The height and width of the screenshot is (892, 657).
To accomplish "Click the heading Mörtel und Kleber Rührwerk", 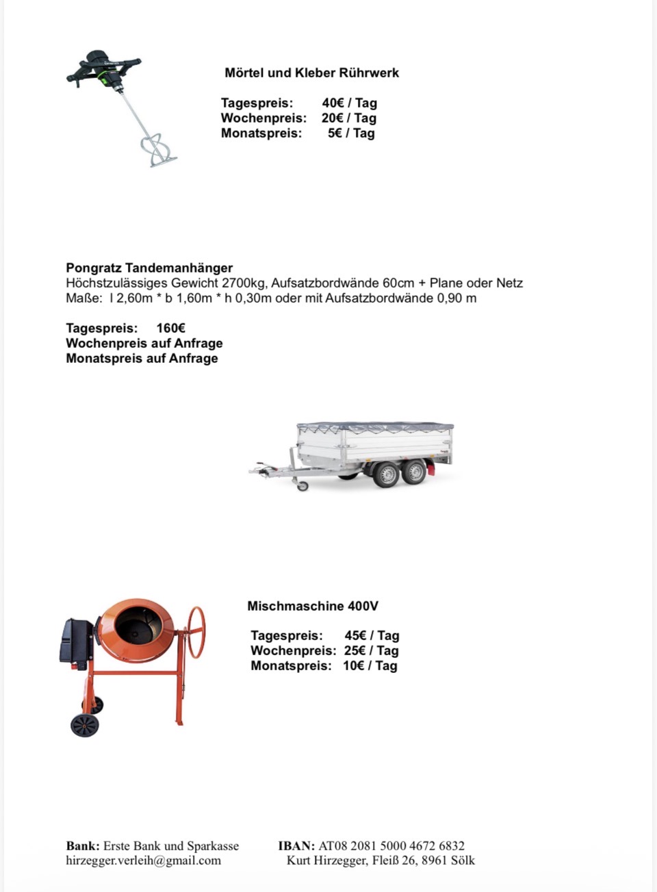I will pos(311,73).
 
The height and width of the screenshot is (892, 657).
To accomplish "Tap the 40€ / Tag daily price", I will pos(349,103).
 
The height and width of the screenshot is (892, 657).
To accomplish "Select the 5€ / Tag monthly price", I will pos(351,133).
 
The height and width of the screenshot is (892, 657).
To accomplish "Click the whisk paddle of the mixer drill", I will pos(158,151).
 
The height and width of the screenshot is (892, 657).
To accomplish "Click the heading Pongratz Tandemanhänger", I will pos(149,268).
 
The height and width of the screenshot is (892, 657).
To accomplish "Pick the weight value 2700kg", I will pos(244,283).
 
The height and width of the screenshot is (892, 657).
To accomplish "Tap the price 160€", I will pos(170,328).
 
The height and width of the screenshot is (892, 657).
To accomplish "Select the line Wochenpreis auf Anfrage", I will pos(144,343).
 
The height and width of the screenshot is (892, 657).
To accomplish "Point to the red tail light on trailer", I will pos(430,468).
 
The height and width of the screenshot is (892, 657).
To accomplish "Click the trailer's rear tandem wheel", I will pos(413,472).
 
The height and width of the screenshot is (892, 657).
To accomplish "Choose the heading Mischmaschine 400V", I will pos(313,606).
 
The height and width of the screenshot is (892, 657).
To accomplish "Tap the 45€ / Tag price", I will pos(372,635).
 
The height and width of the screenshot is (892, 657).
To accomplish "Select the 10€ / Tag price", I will pos(370,665).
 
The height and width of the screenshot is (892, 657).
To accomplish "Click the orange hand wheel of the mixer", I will pos(196,632).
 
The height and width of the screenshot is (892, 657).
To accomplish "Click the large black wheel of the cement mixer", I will pos(84,725).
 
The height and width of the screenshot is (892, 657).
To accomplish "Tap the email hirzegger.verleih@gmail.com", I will pos(143,861).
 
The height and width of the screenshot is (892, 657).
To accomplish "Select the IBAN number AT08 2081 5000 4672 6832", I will pos(391,845).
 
